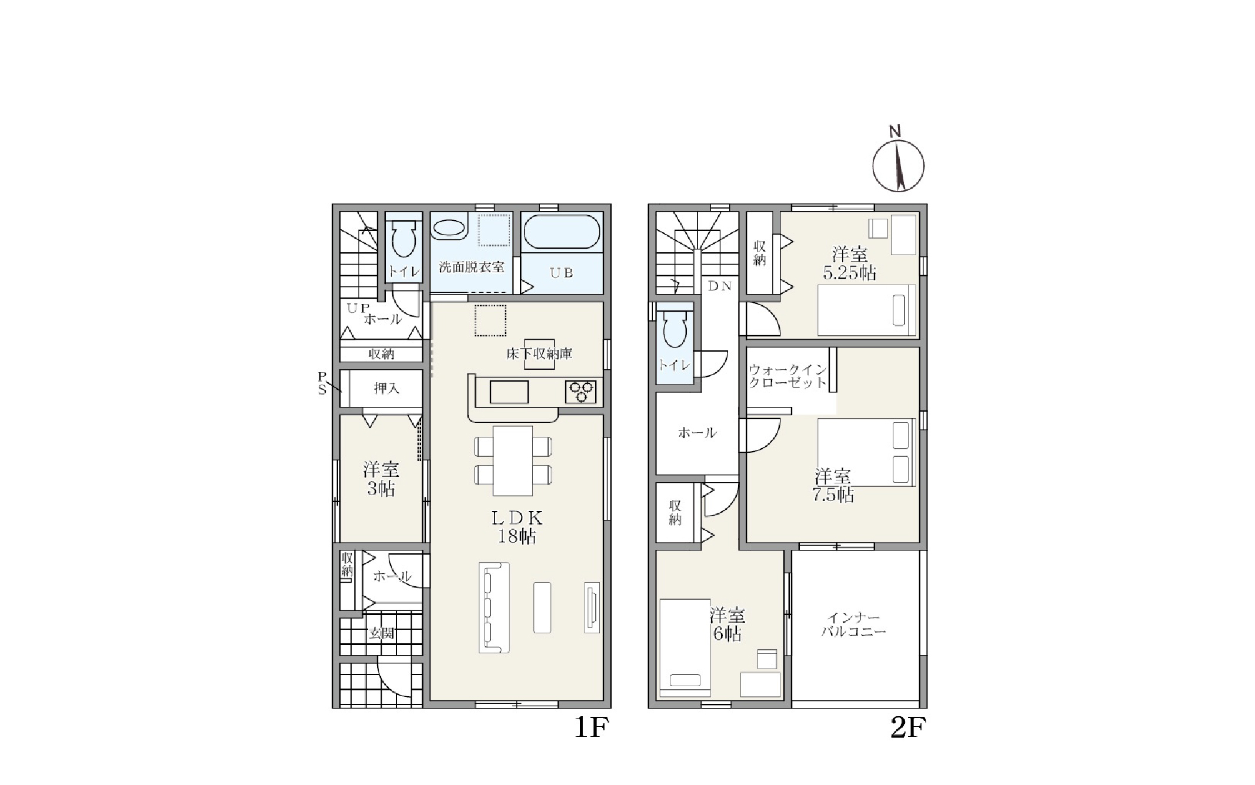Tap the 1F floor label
(590, 728)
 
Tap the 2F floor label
(908, 728)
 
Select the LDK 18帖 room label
(517, 527)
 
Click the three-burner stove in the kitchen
(580, 392)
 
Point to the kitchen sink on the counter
(509, 392)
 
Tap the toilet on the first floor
(403, 238)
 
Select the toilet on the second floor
(675, 329)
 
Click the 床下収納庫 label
(539, 354)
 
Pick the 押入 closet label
(386, 388)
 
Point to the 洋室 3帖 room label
(381, 479)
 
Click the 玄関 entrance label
(381, 633)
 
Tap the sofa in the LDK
(494, 607)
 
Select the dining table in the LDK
(513, 460)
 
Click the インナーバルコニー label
(853, 625)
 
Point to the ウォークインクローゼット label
(787, 376)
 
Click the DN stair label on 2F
(720, 286)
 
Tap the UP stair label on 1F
(358, 308)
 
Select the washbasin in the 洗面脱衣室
(449, 227)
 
